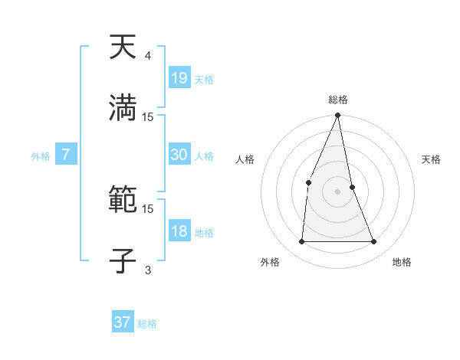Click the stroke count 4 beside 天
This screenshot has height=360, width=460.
[147, 55]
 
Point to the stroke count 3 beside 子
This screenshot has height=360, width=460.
[147, 270]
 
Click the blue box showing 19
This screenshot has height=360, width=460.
[179, 77]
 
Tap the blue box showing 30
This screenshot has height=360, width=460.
[179, 155]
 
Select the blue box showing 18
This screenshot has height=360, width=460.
[179, 231]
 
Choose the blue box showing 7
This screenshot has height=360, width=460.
[66, 155]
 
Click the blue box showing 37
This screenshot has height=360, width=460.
[122, 322]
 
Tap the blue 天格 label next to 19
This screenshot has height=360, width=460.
[204, 79]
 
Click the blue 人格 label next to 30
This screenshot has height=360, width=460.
[204, 156]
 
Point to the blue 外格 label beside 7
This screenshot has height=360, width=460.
[41, 156]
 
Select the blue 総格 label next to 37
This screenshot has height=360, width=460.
[147, 324]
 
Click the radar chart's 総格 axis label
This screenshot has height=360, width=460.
[337, 100]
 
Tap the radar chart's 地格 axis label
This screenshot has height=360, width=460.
[402, 262]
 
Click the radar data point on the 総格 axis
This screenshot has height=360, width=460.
[337, 116]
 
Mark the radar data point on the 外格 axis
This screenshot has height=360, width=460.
[301, 241]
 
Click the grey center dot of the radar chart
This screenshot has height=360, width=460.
[337, 191]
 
